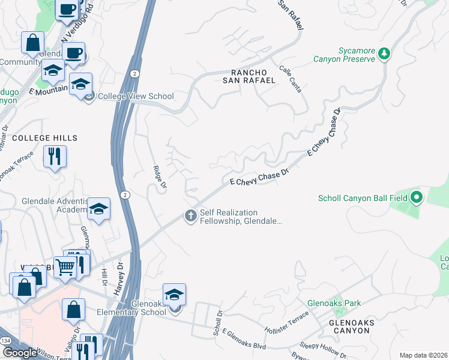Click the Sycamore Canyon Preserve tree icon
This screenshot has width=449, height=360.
(384, 55)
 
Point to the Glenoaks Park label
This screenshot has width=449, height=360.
(334, 303)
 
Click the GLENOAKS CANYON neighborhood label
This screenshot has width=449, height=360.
(352, 327)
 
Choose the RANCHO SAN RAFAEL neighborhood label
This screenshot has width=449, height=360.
(249, 76)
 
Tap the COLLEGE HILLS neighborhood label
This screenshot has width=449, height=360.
(45, 138)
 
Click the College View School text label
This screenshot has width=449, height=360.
(136, 96)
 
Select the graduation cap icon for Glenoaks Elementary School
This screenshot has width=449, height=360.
(174, 295)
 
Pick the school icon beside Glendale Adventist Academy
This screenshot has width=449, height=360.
(99, 209)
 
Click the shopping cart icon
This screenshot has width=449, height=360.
(65, 267)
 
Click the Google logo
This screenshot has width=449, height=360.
(20, 353)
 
